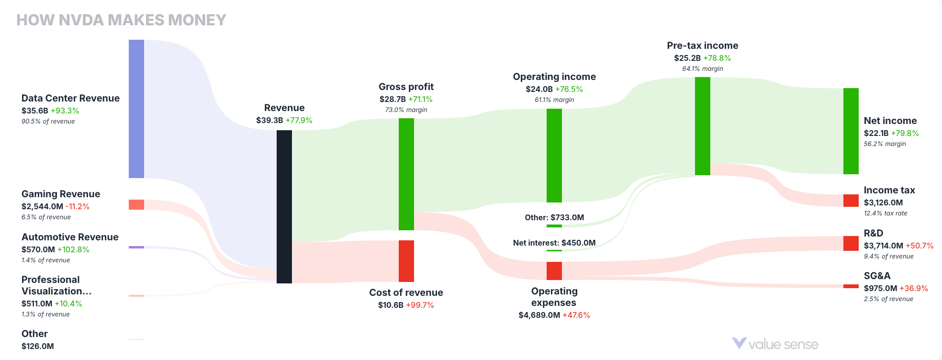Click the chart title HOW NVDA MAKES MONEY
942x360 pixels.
121,20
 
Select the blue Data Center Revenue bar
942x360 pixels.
136,109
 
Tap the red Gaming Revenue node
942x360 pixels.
136,204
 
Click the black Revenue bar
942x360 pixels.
284,206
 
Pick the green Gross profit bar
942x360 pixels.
406,174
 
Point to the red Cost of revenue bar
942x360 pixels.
406,261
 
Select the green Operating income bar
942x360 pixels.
554,155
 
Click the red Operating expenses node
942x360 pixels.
554,270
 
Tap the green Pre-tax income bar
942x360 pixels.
703,126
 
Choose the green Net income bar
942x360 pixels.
851,131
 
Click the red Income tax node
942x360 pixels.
851,200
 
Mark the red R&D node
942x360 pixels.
851,243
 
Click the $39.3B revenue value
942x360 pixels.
269,120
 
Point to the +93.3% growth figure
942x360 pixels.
65,111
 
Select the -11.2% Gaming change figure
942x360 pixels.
78,206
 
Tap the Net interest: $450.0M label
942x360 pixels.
554,243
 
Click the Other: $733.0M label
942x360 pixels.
554,217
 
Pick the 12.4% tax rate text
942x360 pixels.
886,213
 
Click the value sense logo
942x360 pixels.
775,344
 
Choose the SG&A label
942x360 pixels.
877,276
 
